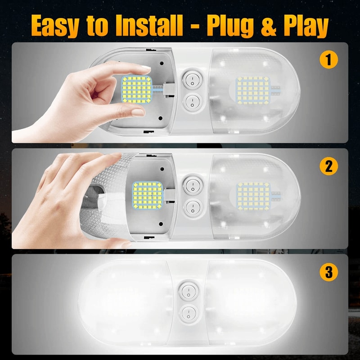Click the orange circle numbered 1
328,60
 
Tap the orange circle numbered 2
328,166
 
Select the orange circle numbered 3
328,272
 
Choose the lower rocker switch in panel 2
192,208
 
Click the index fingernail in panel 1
145,69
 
